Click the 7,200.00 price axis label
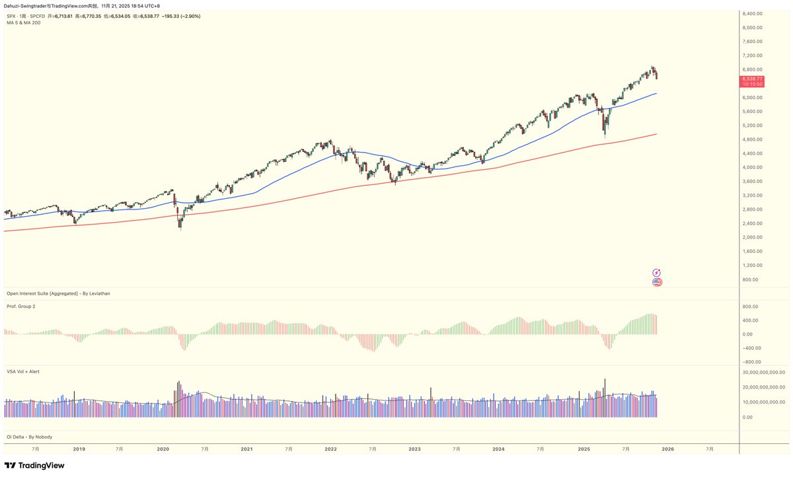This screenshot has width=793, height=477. tap(753, 55)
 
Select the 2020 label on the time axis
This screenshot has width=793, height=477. tap(163, 449)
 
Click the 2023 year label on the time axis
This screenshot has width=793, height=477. tap(414, 449)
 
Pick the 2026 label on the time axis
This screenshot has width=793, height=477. tap(667, 449)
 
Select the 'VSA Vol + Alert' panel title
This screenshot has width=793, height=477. tap(23, 372)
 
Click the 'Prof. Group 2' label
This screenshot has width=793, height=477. tap(21, 307)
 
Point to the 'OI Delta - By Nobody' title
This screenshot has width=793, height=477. tap(29, 437)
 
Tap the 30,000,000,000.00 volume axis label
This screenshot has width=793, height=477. tap(762, 373)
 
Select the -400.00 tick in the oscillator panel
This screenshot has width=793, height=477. tap(753, 348)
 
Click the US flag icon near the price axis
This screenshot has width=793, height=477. tap(657, 282)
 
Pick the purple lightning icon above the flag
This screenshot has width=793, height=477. tap(657, 272)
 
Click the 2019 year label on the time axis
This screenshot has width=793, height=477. tap(79, 449)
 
